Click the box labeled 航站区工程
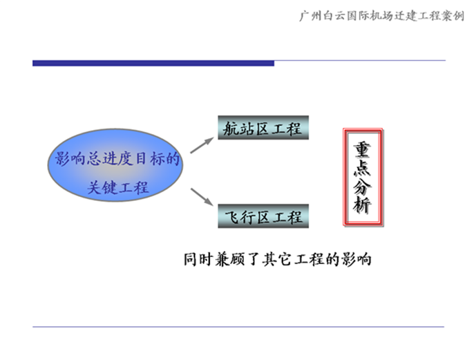click(x=263, y=128)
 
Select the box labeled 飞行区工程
click(x=263, y=216)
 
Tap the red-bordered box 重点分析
click(x=363, y=178)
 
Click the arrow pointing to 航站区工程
click(x=202, y=145)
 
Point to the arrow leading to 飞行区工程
click(x=202, y=197)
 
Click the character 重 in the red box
click(x=363, y=150)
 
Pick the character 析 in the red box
click(x=363, y=205)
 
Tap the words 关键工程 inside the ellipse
click(x=117, y=187)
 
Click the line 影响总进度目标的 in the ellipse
click(x=117, y=158)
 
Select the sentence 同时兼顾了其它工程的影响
click(x=278, y=260)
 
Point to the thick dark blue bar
click(x=153, y=63)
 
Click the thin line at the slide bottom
click(x=238, y=327)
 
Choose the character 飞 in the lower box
click(x=232, y=217)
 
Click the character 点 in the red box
click(x=363, y=168)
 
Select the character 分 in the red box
click(x=363, y=187)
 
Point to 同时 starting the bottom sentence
click(x=198, y=260)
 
